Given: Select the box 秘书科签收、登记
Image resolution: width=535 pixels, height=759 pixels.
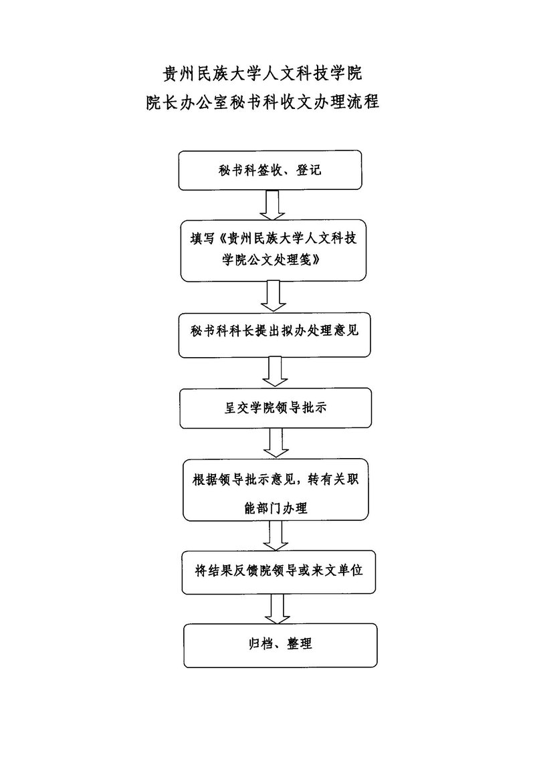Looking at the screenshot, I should pos(270,171).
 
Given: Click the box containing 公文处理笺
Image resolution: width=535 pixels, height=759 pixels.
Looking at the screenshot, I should pos(274,250).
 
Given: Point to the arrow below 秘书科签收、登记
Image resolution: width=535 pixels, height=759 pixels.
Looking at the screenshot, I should pos(273,205).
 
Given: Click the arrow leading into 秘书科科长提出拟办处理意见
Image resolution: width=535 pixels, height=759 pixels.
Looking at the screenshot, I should pos(273,296).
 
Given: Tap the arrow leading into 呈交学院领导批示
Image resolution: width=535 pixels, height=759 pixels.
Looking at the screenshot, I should pos(274,372).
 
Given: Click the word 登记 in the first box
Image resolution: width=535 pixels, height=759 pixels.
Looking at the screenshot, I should pos(307,171).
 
